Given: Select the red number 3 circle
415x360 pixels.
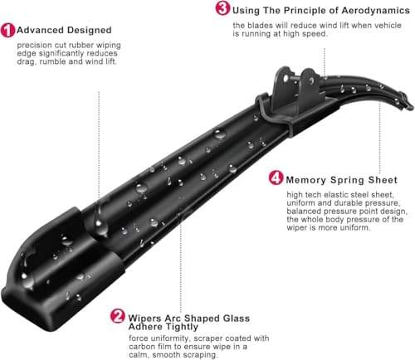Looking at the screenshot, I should (x=222, y=9).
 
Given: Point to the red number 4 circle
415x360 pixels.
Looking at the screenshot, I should (x=275, y=178).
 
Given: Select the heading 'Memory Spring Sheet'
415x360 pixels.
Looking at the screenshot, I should (x=341, y=179).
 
